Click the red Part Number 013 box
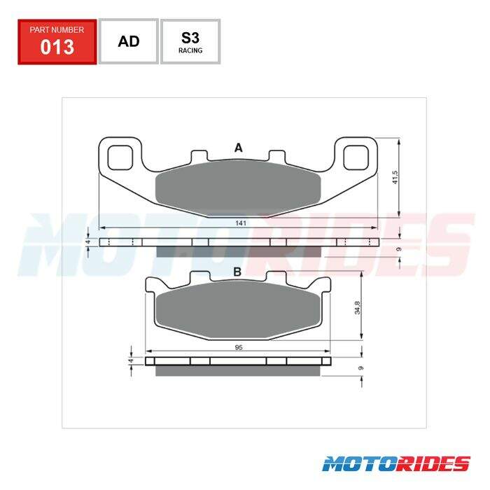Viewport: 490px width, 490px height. [57, 42]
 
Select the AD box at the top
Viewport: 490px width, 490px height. [129, 41]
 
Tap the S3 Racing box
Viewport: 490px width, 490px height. [190, 41]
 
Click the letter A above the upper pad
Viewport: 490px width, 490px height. [239, 148]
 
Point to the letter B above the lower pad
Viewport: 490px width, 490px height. [237, 272]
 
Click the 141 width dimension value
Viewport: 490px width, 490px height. [241, 223]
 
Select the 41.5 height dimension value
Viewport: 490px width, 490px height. [395, 177]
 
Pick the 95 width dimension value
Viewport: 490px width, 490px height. [239, 347]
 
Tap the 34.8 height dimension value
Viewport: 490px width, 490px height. [358, 307]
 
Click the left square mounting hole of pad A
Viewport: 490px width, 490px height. [120, 157]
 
